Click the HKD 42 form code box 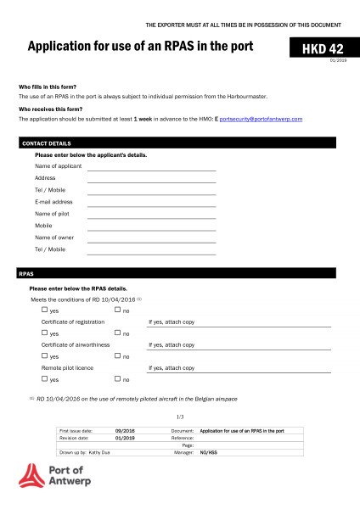tap(318, 49)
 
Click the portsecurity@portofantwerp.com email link tap(261, 120)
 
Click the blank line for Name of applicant tap(151, 170)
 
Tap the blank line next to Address tap(151, 182)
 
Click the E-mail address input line tap(151, 205)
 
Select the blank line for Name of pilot tap(151, 217)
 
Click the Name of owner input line tap(151, 241)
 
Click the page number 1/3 tap(180, 417)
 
